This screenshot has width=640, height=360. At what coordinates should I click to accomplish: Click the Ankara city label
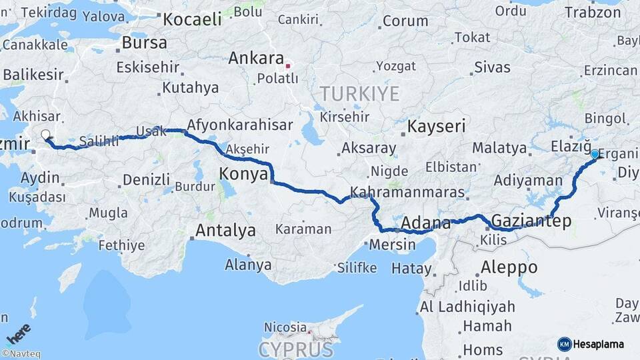[x=256, y=59]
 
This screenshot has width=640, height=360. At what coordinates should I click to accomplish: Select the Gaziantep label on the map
[x=531, y=221]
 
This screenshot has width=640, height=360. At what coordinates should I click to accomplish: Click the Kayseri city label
[x=437, y=126]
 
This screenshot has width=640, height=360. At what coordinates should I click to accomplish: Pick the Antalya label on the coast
[x=226, y=231]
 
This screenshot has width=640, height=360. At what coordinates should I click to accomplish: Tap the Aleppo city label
[x=509, y=267]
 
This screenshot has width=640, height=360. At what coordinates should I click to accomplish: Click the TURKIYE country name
[x=359, y=92]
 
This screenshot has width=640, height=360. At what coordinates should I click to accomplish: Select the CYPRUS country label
[x=296, y=349]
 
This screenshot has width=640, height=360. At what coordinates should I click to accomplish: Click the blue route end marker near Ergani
[x=595, y=154]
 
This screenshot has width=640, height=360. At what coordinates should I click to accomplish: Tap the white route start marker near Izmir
[x=45, y=135]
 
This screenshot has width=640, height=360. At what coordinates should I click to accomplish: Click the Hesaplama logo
[x=591, y=344]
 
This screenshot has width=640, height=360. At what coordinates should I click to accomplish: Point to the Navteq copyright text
[x=21, y=354]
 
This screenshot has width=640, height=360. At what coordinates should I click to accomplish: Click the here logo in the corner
[x=19, y=333]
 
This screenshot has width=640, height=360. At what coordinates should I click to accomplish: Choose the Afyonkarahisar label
[x=240, y=125]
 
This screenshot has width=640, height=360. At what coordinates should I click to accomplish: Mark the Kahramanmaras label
[x=407, y=192]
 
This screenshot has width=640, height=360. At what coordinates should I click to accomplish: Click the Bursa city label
[x=144, y=43]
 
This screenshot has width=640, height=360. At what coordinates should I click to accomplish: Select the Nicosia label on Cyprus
[x=285, y=327]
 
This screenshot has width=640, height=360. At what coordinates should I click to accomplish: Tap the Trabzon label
[x=593, y=12]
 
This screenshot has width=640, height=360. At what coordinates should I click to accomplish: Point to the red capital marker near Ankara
[x=288, y=66]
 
